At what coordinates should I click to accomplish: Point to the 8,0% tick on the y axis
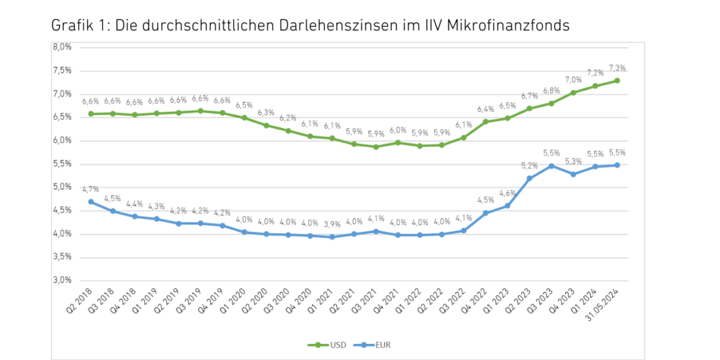[x=62, y=47]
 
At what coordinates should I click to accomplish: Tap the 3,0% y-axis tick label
[x=62, y=280]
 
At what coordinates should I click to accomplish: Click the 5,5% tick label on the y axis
[x=62, y=164]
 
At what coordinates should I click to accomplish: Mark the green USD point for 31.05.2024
[x=617, y=81]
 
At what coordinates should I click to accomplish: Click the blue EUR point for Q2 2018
[x=90, y=202]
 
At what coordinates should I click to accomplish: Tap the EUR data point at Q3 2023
[x=551, y=166]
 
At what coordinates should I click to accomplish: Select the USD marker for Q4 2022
[x=485, y=122]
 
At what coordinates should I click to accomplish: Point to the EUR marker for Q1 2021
[x=332, y=237]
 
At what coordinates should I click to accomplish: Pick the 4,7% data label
[x=90, y=190]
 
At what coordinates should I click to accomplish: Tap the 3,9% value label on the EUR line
[x=332, y=224]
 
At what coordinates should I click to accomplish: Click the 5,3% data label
[x=574, y=161]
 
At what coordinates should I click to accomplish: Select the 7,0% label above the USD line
[x=574, y=80]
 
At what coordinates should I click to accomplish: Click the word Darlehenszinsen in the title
[x=317, y=26]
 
